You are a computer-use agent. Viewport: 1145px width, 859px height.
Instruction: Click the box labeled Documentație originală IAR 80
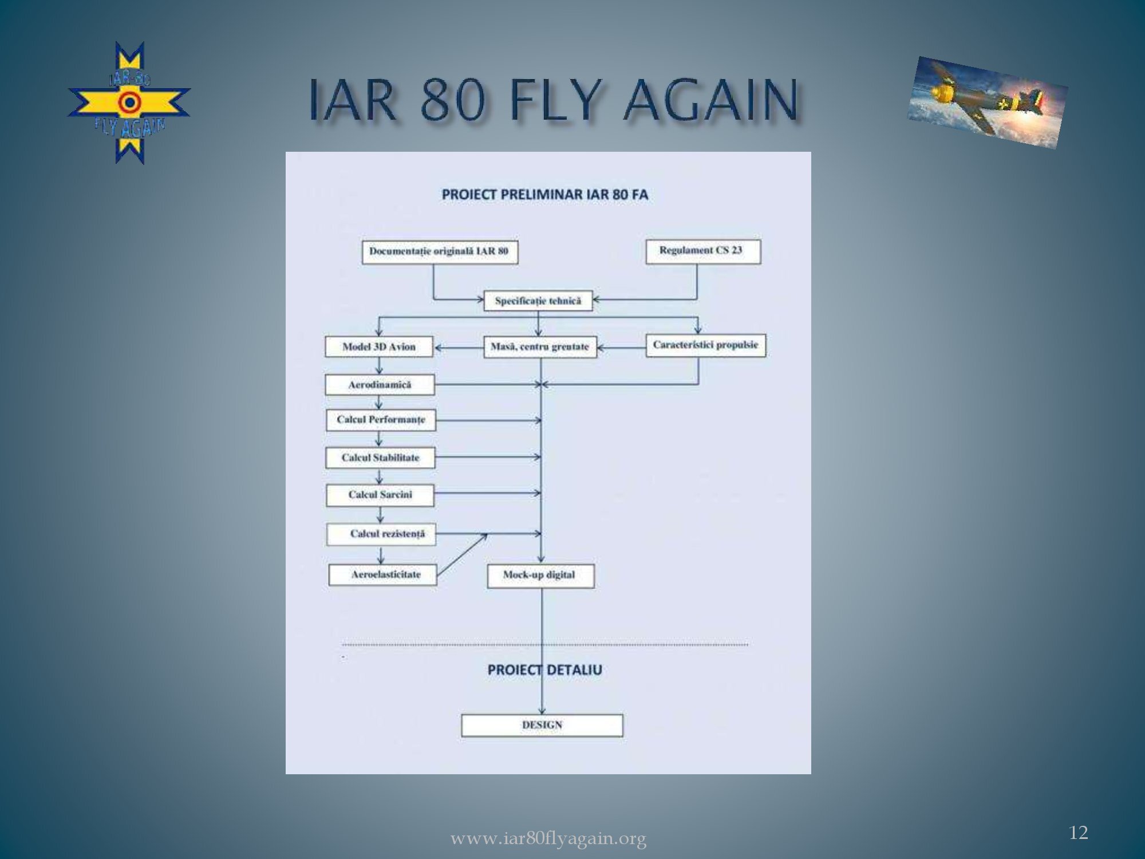[x=440, y=252]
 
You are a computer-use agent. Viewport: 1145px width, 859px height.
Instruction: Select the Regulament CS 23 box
[x=703, y=251]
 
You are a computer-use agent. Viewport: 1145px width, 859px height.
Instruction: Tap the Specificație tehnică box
[x=538, y=301]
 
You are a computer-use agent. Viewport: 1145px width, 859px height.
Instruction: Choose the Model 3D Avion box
[x=379, y=346]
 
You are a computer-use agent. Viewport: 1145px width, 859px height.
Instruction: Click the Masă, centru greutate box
[x=540, y=347]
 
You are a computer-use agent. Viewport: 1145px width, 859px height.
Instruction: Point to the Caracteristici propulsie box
[x=706, y=345]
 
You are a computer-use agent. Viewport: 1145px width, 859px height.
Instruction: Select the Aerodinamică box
[x=380, y=385]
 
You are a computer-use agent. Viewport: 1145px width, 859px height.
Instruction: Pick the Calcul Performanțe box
[x=381, y=420]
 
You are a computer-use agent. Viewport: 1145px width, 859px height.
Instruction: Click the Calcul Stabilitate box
[x=380, y=458]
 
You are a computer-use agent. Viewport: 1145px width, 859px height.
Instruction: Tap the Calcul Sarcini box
[x=380, y=495]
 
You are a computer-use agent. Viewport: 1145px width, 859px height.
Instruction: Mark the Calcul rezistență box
[x=381, y=534]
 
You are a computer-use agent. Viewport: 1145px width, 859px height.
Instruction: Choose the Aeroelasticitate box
[x=382, y=574]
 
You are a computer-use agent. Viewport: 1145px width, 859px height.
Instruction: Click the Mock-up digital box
[x=540, y=576]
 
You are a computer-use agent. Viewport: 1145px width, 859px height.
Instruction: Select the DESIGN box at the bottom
[x=542, y=726]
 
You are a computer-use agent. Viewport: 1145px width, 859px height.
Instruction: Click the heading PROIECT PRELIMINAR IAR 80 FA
[x=545, y=195]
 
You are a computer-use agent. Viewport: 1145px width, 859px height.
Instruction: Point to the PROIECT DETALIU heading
[x=545, y=670]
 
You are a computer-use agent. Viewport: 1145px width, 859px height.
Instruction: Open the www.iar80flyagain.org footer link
[x=548, y=839]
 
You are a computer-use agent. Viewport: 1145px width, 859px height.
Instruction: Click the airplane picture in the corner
[x=988, y=103]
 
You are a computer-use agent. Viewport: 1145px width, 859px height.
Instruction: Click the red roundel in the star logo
[x=130, y=103]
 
